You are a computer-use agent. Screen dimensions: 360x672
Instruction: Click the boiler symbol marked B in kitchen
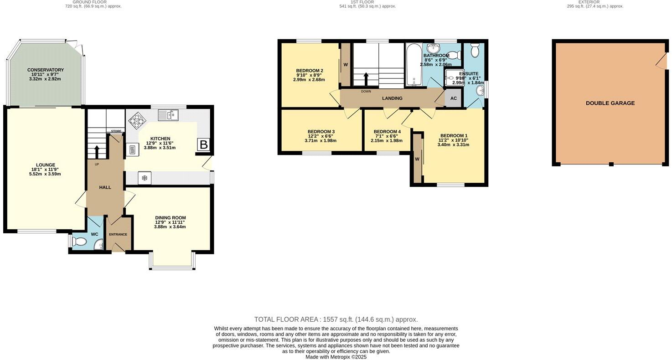pyautogui.click(x=203, y=145)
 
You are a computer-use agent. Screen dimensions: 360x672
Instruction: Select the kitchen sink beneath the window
pyautogui.click(x=168, y=115)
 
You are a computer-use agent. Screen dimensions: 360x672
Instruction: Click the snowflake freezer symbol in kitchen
pyautogui.click(x=145, y=178)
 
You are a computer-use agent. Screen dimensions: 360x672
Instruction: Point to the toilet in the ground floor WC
pyautogui.click(x=79, y=241)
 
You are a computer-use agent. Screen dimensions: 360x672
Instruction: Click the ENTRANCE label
pyautogui.click(x=118, y=234)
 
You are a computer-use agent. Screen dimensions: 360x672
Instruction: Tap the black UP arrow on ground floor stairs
pyautogui.click(x=97, y=151)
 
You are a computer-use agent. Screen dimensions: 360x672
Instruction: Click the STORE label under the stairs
pyautogui.click(x=116, y=131)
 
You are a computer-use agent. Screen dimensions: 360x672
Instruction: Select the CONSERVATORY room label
pyautogui.click(x=45, y=70)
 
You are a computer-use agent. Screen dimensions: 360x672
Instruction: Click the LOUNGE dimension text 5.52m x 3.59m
pyautogui.click(x=45, y=174)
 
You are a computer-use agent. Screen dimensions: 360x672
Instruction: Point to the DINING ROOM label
pyautogui.click(x=170, y=218)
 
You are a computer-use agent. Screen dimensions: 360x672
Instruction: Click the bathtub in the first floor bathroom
pyautogui.click(x=414, y=65)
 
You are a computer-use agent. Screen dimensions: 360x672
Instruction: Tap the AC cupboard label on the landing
pyautogui.click(x=453, y=98)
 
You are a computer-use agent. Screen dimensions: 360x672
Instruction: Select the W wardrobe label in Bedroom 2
pyautogui.click(x=346, y=65)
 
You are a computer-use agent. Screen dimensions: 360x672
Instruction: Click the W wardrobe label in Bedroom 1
pyautogui.click(x=417, y=159)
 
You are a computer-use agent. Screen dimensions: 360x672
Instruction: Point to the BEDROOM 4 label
pyautogui.click(x=387, y=132)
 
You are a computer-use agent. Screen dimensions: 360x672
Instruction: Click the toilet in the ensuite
pyautogui.click(x=475, y=51)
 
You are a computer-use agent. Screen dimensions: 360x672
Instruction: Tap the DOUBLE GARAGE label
pyautogui.click(x=610, y=103)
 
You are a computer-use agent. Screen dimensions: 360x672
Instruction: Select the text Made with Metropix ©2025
pyautogui.click(x=336, y=357)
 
